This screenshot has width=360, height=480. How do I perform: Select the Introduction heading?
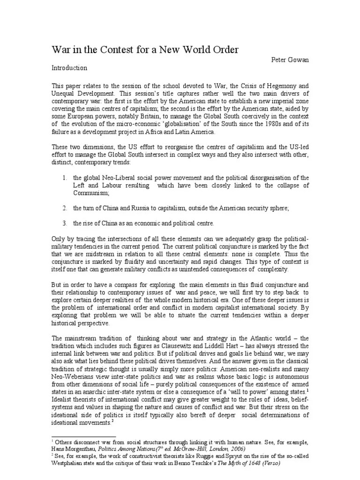coord(69,68)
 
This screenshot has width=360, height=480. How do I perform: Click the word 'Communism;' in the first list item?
coord(91,193)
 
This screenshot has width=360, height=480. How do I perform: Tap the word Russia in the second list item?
coord(146,207)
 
